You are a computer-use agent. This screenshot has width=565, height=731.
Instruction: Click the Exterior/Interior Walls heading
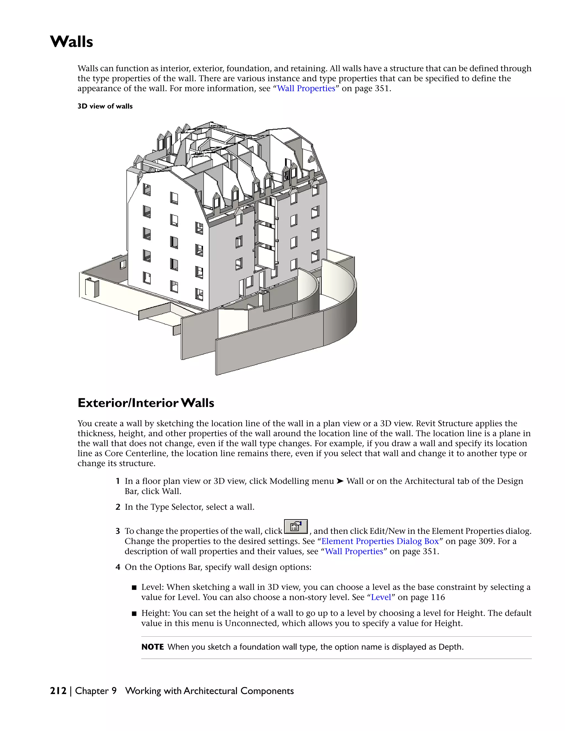tap(146, 403)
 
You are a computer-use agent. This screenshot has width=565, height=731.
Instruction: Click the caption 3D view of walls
tap(105, 106)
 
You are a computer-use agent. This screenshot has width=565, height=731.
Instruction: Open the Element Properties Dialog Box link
tap(380, 541)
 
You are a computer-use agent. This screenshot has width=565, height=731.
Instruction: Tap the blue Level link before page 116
tap(381, 597)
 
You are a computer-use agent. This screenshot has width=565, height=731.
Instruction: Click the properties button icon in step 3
tap(295, 527)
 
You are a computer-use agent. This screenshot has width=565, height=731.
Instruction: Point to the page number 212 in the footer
tap(58, 691)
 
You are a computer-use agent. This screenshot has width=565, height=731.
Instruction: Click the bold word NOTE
tap(152, 647)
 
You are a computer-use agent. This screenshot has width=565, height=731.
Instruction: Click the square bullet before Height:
tap(134, 613)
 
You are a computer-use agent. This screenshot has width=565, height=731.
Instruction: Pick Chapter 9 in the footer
tap(96, 691)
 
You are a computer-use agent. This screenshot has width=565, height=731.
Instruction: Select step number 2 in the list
tap(118, 507)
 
